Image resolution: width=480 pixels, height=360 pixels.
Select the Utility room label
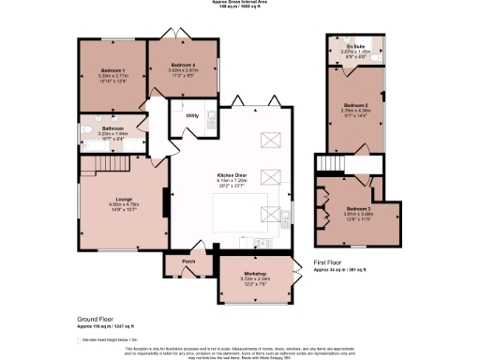click(191, 115)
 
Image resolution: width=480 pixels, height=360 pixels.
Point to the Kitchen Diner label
click(232, 174)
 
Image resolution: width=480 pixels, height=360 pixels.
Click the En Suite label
click(354, 46)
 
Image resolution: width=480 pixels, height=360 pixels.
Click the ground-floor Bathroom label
click(112, 127)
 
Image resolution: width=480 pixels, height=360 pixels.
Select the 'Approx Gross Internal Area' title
click(239, 4)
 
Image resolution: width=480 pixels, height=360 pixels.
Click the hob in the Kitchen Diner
click(261, 242)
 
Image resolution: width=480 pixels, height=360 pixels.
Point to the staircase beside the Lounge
click(94, 166)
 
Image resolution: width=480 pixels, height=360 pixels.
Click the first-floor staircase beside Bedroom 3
click(329, 166)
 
